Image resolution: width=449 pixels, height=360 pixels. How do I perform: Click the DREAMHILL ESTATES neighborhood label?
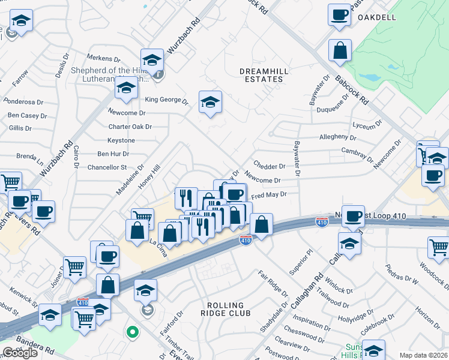[x=261, y=75]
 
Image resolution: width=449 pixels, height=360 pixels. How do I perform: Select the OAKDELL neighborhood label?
[x=377, y=17]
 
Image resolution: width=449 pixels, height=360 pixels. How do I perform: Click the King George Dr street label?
[x=166, y=100]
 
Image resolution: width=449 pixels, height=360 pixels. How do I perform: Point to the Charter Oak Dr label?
[x=130, y=127]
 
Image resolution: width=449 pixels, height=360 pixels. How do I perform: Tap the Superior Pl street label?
[x=301, y=263]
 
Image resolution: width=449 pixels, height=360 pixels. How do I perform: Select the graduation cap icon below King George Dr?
[x=210, y=103]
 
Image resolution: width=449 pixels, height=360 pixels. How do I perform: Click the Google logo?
[x=20, y=353]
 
